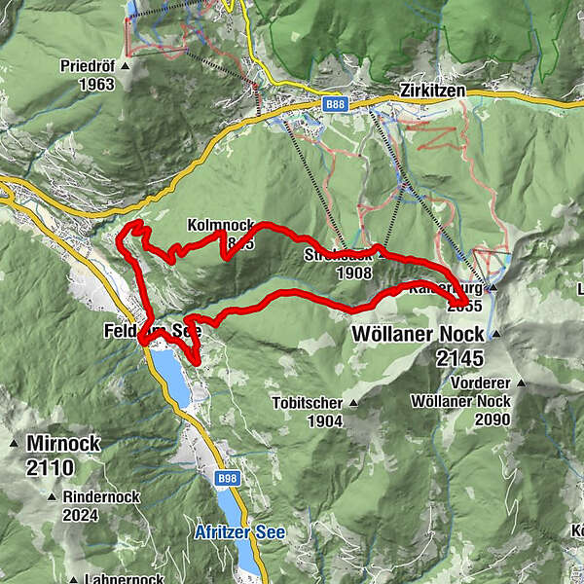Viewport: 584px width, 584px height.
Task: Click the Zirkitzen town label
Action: tap(432, 90)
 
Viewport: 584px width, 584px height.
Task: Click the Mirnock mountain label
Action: tap(64, 444)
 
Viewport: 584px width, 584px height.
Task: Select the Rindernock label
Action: tap(101, 496)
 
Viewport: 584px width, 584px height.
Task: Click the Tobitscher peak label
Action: tap(308, 403)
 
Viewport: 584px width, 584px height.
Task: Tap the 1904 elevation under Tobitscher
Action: tap(323, 420)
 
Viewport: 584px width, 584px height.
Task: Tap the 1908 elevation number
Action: tap(352, 274)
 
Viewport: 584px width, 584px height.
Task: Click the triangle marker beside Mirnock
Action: tap(15, 444)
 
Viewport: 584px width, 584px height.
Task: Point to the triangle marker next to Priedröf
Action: tap(125, 67)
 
